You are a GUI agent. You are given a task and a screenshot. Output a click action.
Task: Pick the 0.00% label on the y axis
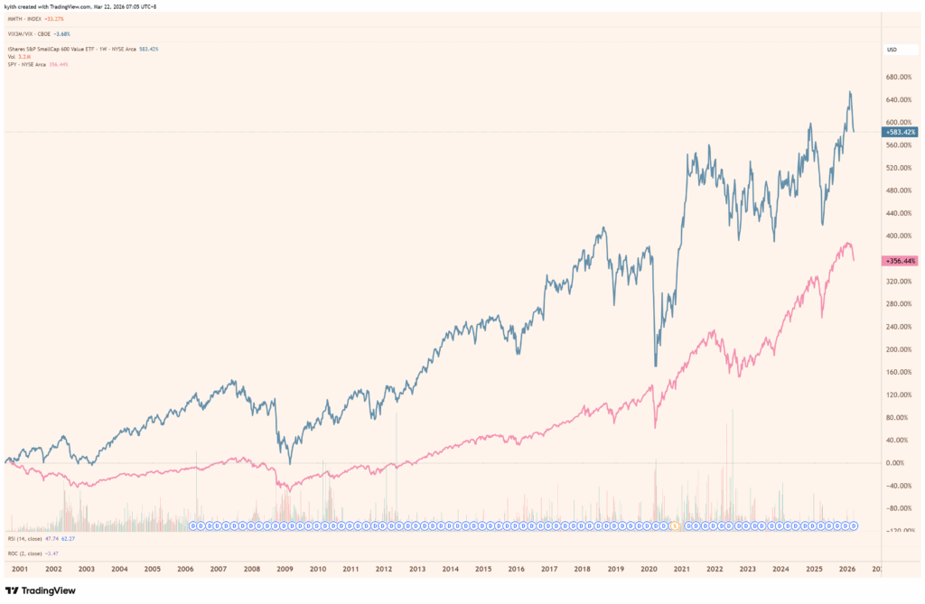902,462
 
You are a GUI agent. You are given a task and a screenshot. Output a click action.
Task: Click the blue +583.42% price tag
900,132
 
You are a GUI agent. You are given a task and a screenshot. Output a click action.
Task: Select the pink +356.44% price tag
900,260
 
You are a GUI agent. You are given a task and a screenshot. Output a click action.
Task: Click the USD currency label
892,49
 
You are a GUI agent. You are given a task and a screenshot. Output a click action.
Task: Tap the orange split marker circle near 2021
673,525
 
